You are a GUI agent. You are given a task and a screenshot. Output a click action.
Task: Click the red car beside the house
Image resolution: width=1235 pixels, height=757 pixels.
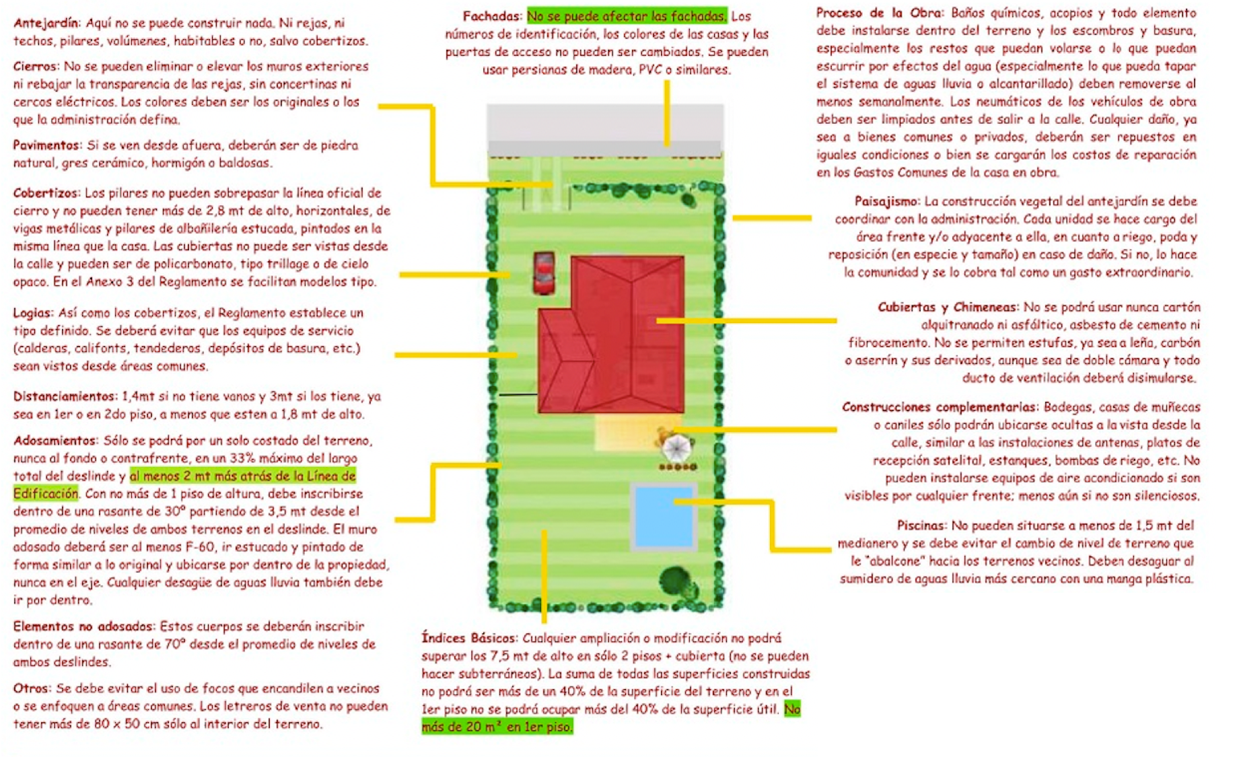[x=544, y=273]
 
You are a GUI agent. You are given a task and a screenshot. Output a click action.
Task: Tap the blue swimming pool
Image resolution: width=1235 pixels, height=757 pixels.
[x=663, y=515]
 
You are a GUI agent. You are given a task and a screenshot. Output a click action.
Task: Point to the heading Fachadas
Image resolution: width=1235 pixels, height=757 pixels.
[x=492, y=16]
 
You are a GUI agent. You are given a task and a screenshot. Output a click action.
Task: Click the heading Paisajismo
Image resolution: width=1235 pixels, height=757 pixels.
[x=886, y=201]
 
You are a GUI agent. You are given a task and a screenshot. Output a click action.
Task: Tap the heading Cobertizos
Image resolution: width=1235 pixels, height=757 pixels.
[x=46, y=193]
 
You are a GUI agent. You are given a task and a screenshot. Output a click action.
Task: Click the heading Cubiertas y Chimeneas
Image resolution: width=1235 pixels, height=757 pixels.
[x=948, y=308]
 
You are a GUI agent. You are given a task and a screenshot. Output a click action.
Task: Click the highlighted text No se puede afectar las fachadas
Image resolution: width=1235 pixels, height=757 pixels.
[x=627, y=16]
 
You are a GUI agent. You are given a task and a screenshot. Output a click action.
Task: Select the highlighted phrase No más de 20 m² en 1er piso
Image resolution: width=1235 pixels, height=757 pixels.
[x=611, y=718]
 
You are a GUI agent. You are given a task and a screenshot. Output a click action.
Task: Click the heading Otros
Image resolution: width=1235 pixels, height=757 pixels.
[x=32, y=688]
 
